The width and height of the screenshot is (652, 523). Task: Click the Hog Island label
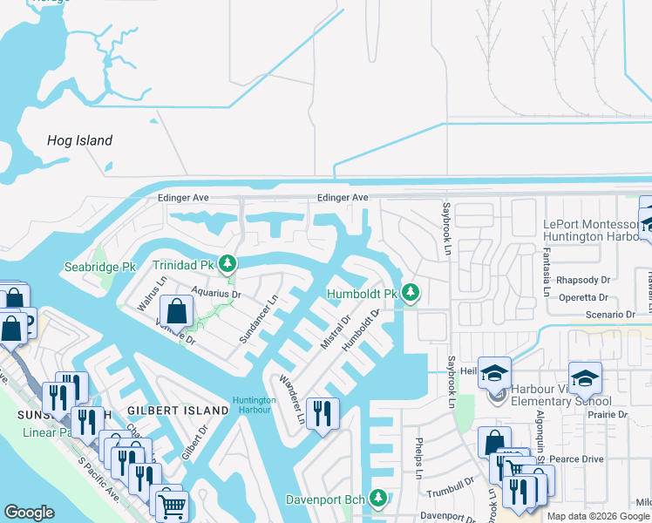click(79, 140)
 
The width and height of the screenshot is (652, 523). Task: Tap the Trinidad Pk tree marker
click(228, 262)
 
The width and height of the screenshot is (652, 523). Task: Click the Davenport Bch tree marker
click(377, 499)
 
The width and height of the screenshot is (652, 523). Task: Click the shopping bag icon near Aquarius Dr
click(177, 310)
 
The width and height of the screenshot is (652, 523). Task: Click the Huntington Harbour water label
click(255, 405)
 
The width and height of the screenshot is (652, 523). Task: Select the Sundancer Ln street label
click(259, 319)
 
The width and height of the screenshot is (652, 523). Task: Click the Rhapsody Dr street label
click(583, 280)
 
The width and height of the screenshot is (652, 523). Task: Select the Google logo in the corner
click(29, 513)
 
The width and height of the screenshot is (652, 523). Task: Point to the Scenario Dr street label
click(610, 314)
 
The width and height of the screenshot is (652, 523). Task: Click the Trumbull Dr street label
click(451, 492)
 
